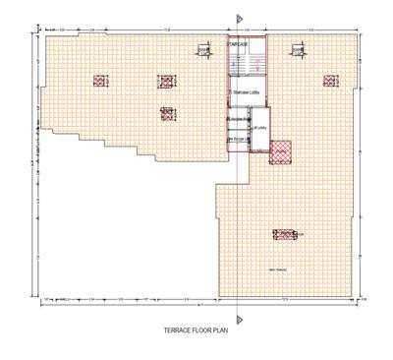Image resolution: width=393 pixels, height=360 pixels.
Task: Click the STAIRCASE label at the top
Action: click(x=237, y=45)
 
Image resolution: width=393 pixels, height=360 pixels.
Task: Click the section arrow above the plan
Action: click(x=240, y=21)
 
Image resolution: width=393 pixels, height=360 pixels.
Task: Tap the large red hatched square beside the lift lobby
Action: click(x=282, y=150)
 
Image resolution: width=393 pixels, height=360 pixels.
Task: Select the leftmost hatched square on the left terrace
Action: click(x=100, y=82)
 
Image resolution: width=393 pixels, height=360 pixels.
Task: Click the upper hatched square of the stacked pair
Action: click(x=166, y=82)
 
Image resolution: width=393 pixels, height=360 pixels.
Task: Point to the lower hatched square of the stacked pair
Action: click(x=167, y=112)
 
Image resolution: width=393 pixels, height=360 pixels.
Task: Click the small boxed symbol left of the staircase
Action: click(x=204, y=50)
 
